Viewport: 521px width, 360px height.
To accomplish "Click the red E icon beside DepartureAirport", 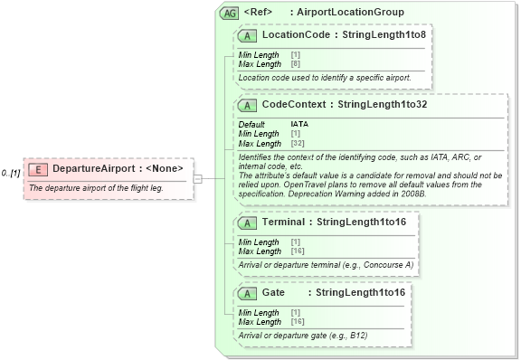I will [x=38, y=169].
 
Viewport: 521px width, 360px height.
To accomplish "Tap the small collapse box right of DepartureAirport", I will [x=197, y=179].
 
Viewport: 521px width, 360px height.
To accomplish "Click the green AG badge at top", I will [x=229, y=13].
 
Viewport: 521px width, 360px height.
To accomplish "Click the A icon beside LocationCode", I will [x=246, y=35].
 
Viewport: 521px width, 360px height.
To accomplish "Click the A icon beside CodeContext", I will [x=246, y=105].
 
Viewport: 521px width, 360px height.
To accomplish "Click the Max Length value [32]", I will [x=297, y=144].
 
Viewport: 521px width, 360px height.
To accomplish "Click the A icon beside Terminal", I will [x=246, y=222].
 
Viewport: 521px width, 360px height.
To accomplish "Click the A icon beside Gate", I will [x=246, y=293].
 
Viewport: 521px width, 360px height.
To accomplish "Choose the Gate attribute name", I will [x=273, y=293].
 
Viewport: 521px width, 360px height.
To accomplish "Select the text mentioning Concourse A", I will [x=326, y=264].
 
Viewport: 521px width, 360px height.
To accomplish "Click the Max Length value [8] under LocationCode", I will [x=295, y=64].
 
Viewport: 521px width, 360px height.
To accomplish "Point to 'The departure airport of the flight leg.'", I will [x=96, y=187].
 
